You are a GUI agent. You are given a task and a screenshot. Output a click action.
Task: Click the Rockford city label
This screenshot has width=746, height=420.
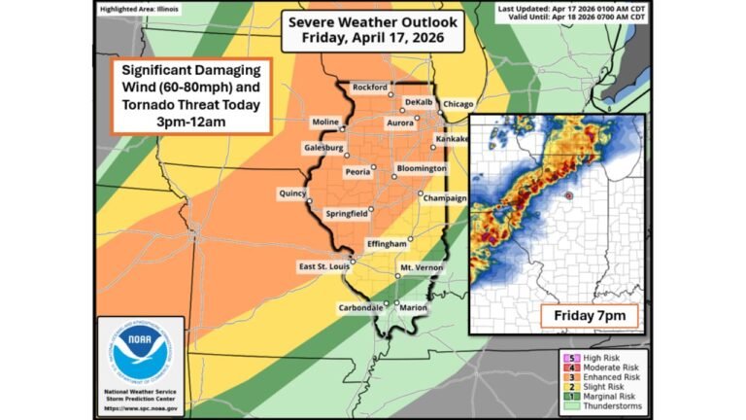369,87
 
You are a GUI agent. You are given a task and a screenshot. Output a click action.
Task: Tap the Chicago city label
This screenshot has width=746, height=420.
460,104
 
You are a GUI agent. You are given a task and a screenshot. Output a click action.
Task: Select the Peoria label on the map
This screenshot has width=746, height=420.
356,172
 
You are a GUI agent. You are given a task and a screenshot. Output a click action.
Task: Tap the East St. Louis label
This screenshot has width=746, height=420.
321,265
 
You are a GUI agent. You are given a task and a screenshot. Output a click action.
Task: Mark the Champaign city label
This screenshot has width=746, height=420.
445,197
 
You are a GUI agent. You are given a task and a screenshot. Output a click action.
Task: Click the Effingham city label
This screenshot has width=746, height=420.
386,243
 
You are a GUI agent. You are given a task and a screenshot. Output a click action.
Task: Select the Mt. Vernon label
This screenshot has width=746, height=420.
421,266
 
